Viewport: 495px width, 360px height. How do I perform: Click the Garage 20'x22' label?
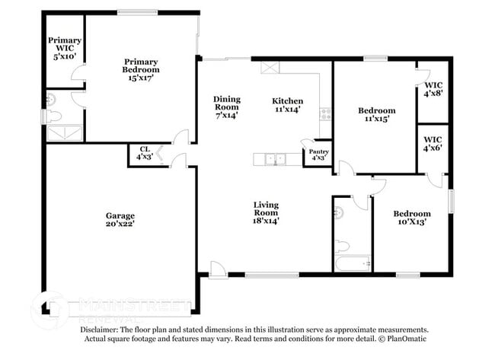120,220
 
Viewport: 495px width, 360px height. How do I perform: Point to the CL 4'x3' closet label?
144,153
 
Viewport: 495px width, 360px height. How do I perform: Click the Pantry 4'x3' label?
318,155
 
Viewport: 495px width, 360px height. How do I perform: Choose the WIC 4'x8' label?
433,90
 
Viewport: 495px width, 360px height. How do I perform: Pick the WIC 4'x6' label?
433,143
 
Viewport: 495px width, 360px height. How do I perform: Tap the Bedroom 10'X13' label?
412,218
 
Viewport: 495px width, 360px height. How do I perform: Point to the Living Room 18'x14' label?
266,211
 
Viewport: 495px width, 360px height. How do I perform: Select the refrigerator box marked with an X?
270,67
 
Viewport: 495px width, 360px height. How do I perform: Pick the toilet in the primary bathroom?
52,116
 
